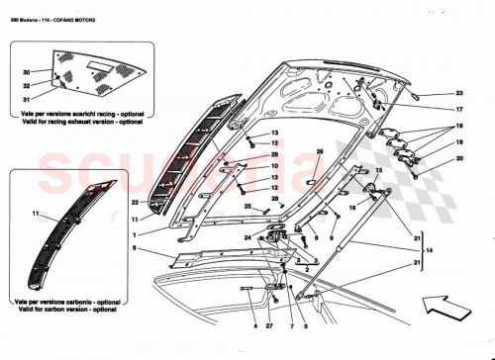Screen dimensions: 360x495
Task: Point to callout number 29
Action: coord(275,154)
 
